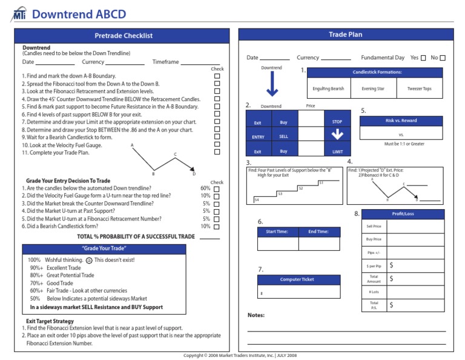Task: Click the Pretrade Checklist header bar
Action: pyautogui.click(x=124, y=36)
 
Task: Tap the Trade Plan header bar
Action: pyautogui.click(x=345, y=35)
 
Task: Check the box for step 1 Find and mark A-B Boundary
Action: pyautogui.click(x=217, y=76)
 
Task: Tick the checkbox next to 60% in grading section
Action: pyautogui.click(x=217, y=188)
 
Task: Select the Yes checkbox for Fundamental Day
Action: pyautogui.click(x=423, y=58)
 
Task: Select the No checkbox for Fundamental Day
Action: pyautogui.click(x=443, y=58)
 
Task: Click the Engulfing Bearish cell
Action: pyautogui.click(x=328, y=88)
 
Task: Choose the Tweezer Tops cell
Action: pyautogui.click(x=420, y=88)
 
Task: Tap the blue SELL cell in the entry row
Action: pyautogui.click(x=283, y=137)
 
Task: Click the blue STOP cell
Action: pyautogui.click(x=337, y=122)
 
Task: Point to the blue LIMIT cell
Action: pyautogui.click(x=337, y=152)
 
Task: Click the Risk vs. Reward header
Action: pyautogui.click(x=401, y=121)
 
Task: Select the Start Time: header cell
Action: pyautogui.click(x=277, y=232)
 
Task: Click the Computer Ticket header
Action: pyautogui.click(x=297, y=279)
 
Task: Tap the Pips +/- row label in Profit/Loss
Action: pyautogui.click(x=374, y=252)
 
